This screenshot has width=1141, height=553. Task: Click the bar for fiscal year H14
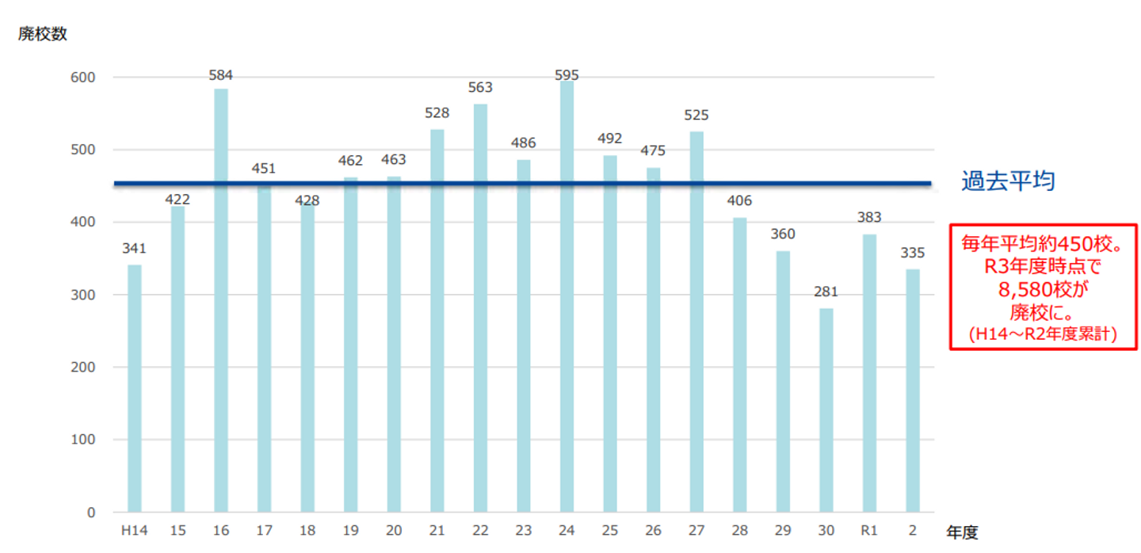coord(135,388)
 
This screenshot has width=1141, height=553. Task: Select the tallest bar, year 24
coord(567,296)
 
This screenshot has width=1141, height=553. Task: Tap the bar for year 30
coord(826,410)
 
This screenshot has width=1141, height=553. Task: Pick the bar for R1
coord(869,372)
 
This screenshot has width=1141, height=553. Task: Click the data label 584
coord(220,75)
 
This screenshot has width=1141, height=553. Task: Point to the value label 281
coord(826,292)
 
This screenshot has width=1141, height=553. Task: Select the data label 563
coord(480,88)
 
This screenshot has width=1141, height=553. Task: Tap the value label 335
coord(912,253)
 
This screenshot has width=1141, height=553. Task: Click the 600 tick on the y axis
coord(83,78)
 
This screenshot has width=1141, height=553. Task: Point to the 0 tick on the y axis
coord(91,513)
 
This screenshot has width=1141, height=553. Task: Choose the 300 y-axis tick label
coord(83,295)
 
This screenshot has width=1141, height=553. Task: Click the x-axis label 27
coord(696,531)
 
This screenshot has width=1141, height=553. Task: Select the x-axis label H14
coord(135,531)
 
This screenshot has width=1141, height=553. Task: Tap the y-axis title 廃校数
coord(43,33)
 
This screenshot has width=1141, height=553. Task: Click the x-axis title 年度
coord(962,532)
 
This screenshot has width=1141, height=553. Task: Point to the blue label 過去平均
coord(1008,181)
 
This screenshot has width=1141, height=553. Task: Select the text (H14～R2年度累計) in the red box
coord(1043,334)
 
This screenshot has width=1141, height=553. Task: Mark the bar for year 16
coord(221,300)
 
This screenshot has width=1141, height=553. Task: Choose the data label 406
coord(739,200)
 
